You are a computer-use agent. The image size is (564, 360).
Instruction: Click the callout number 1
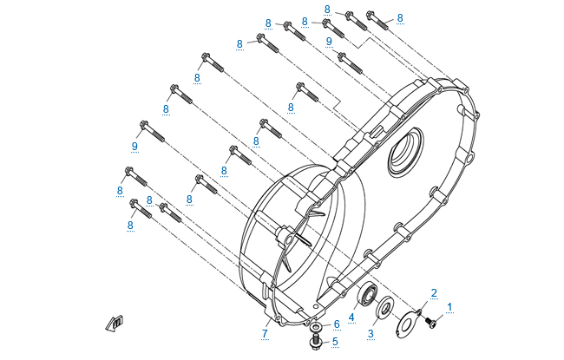[450, 306]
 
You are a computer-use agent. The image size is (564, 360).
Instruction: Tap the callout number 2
[434, 293]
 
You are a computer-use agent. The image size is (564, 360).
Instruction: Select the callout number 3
[370, 332]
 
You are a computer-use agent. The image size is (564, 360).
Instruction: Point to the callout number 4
[351, 317]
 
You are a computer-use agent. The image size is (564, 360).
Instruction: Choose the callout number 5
[336, 341]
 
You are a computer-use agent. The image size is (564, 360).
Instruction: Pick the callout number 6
[336, 324]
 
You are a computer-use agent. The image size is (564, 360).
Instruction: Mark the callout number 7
[265, 333]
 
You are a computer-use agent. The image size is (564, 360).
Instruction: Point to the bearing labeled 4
[367, 294]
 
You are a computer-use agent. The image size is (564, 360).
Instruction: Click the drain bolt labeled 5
[316, 342]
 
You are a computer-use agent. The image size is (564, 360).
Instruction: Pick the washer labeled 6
[317, 327]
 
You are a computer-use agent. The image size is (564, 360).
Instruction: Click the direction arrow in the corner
[115, 323]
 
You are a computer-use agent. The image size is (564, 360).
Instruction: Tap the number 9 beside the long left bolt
[135, 146]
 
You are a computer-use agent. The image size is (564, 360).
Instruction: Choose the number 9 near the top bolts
[329, 41]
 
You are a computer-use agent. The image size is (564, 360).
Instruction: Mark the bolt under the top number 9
[349, 61]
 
